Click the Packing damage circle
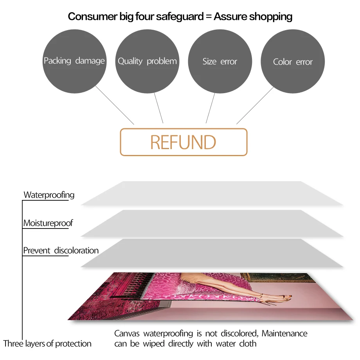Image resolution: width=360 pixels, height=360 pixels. point(74,61)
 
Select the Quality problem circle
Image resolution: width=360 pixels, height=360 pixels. point(147,61)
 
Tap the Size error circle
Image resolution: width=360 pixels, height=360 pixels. point(220,61)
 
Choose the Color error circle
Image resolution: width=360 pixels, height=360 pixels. point(293,62)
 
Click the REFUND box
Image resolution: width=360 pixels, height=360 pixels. point(184,142)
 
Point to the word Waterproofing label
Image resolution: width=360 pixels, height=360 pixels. point(49,195)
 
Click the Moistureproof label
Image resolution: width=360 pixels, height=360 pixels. point(48,223)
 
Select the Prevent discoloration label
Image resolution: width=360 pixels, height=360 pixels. point(61,250)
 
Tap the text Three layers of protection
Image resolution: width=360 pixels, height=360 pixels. point(47,344)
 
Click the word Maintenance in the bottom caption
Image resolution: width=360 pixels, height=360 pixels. point(284,334)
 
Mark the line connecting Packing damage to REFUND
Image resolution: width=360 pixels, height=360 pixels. point(115,105)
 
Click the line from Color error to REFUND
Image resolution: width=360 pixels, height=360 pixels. point(255,105)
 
